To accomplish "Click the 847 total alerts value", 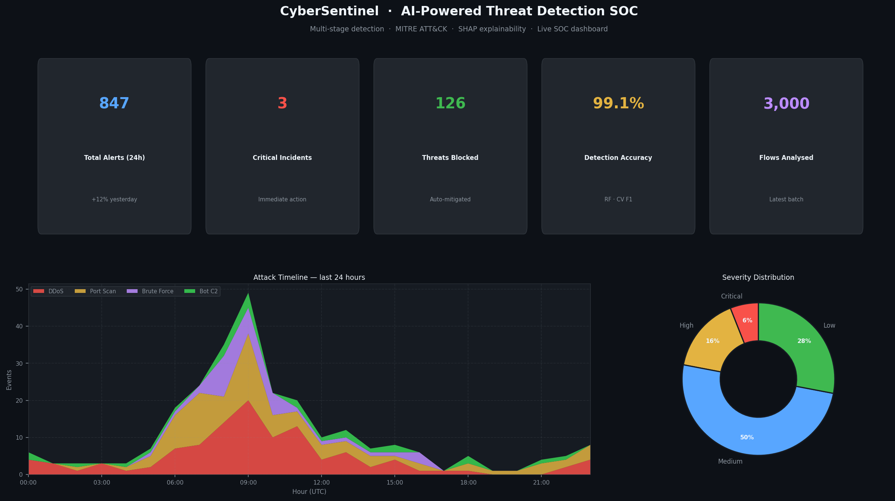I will coord(114,103).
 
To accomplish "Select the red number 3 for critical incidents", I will coord(282,103).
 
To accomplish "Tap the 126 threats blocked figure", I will coord(450,103).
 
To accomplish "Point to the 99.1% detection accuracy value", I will coord(618,103).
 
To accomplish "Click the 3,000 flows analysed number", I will coord(786,104).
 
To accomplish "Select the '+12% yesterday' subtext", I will coord(114,200).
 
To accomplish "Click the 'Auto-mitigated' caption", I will coord(450,200).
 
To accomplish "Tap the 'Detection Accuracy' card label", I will coord(618,158).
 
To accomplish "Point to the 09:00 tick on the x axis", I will coord(248,483).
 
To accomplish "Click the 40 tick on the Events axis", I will coord(19,326).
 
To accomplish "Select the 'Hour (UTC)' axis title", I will coord(309,492).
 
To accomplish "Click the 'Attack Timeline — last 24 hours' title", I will coord(309,278).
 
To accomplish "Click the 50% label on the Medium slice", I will coord(747,437).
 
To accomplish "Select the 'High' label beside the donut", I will coord(686,325).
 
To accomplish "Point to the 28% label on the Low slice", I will coord(804,341).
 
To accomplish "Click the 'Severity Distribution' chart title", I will coord(758,278).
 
